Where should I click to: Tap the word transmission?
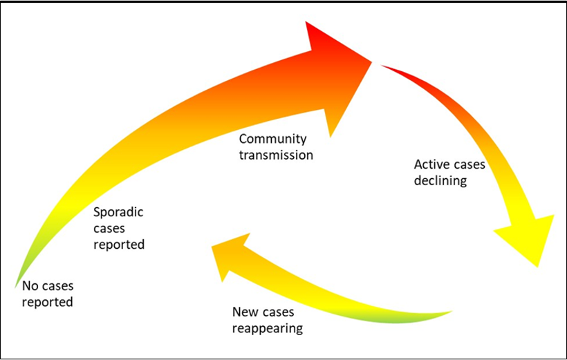click(x=276, y=155)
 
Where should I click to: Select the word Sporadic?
click(x=118, y=212)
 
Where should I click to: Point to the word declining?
click(x=440, y=181)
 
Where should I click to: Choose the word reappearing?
click(x=268, y=328)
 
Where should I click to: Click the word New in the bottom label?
click(x=245, y=312)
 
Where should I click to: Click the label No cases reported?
click(x=47, y=294)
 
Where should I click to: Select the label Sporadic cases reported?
click(x=119, y=228)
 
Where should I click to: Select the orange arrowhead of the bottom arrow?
click(x=228, y=256)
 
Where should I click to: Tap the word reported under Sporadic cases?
click(x=119, y=244)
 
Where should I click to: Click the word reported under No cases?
click(x=47, y=302)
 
